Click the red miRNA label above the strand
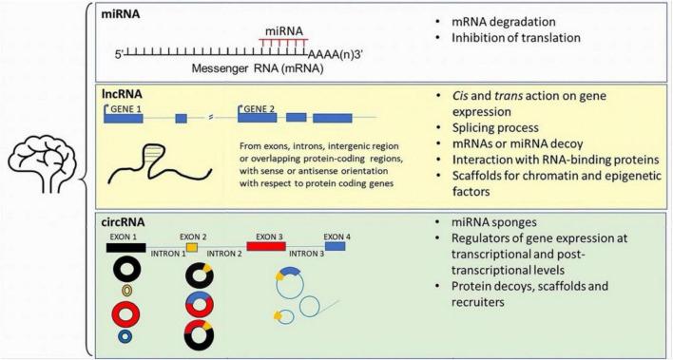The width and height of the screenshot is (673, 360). tap(283, 34)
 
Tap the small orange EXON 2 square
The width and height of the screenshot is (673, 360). tap(192, 247)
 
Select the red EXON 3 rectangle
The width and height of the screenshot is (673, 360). tap(265, 247)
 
